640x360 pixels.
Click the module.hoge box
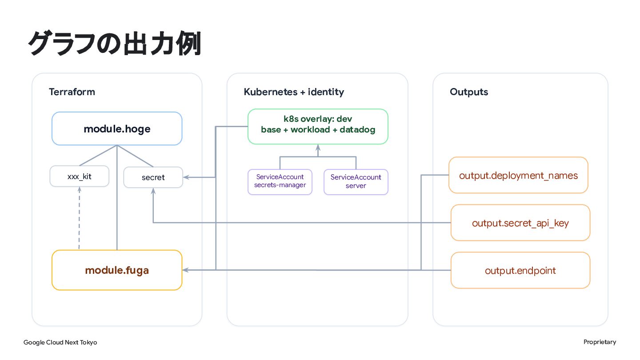[x=117, y=128]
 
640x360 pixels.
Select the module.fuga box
[x=117, y=270]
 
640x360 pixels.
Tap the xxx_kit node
[x=80, y=176]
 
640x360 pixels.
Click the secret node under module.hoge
[x=153, y=177]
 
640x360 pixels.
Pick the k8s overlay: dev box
[x=318, y=126]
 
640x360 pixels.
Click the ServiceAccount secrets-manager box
[x=280, y=182]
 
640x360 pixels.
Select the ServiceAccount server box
[x=356, y=182]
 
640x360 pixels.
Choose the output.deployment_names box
[x=518, y=175]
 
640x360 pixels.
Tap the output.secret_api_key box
[x=520, y=223]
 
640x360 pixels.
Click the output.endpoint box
[x=520, y=270]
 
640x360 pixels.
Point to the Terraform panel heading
[x=72, y=92]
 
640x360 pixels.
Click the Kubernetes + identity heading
[x=294, y=92]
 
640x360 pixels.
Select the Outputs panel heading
[x=469, y=92]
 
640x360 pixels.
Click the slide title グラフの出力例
[x=115, y=44]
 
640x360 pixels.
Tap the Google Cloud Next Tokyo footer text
[x=60, y=342]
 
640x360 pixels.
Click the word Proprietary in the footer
[x=600, y=342]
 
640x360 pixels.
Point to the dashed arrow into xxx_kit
[x=79, y=218]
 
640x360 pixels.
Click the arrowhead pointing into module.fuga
[x=185, y=270]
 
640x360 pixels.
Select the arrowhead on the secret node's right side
[x=186, y=177]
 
